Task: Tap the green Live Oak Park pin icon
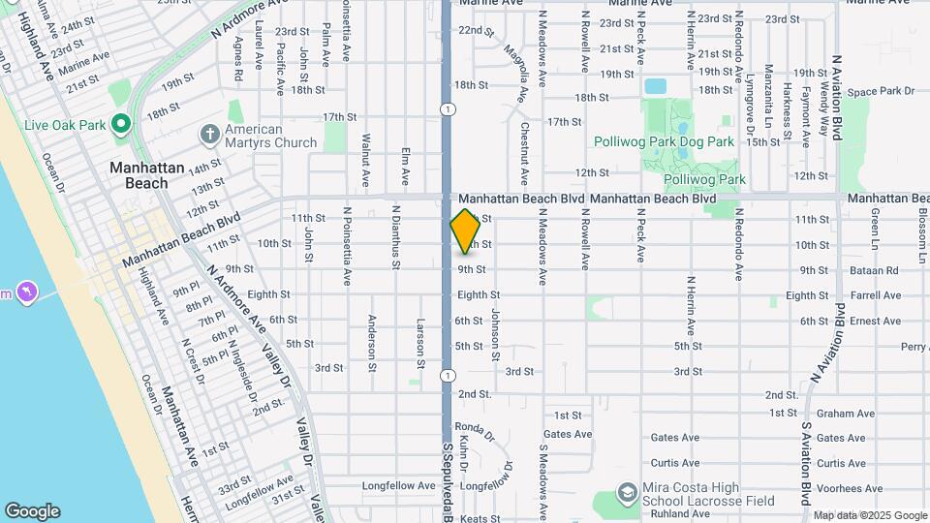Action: click(121, 123)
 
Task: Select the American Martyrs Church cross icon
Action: click(208, 133)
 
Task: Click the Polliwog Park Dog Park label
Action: click(664, 141)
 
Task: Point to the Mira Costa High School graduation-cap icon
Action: click(627, 494)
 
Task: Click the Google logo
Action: click(32, 511)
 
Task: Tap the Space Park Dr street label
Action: click(880, 91)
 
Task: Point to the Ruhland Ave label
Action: click(675, 514)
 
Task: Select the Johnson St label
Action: click(494, 334)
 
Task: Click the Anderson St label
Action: click(371, 342)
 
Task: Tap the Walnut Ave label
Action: click(366, 161)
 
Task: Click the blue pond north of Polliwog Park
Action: click(656, 86)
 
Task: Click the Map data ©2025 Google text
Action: click(869, 515)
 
